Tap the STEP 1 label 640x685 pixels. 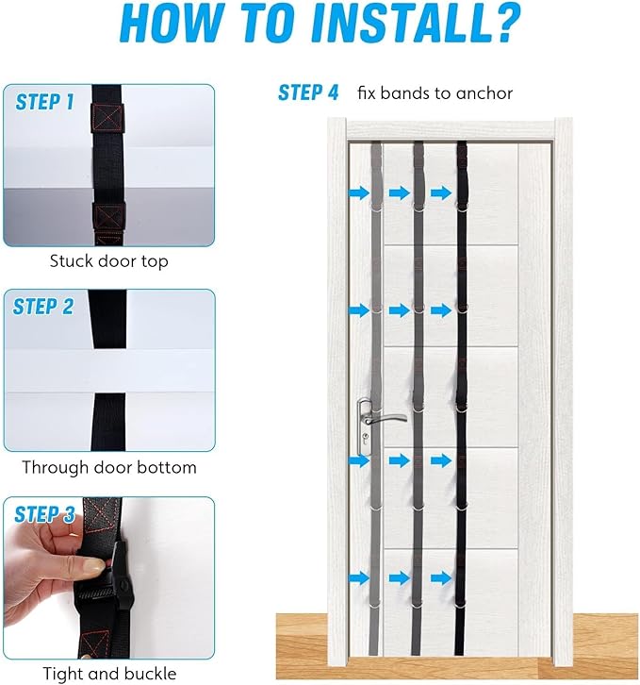pyautogui.click(x=44, y=102)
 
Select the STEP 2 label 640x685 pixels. pyautogui.click(x=42, y=307)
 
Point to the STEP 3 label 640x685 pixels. pyautogui.click(x=44, y=513)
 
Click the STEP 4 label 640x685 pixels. pyautogui.click(x=308, y=92)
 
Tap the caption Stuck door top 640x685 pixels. pyautogui.click(x=108, y=261)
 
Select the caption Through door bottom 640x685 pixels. pyautogui.click(x=109, y=467)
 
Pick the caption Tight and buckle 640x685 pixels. pyautogui.click(x=109, y=673)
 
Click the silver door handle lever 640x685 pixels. pyautogui.click(x=386, y=419)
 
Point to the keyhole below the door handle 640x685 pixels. pyautogui.click(x=365, y=437)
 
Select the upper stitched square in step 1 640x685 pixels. pyautogui.click(x=107, y=118)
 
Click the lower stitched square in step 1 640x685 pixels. pyautogui.click(x=108, y=217)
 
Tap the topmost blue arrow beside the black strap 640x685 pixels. pyautogui.click(x=441, y=192)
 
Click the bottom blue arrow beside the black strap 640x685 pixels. pyautogui.click(x=441, y=578)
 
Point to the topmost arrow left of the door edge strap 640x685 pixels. pyautogui.click(x=359, y=192)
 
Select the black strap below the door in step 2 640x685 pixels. pyautogui.click(x=108, y=422)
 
